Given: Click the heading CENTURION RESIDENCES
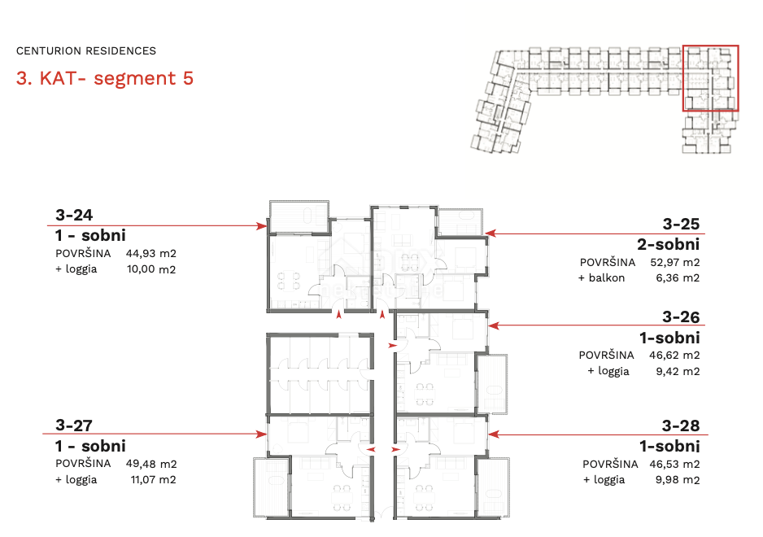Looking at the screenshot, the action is (86, 50).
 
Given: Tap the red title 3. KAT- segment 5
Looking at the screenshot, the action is (105, 78).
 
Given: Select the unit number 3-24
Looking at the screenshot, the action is (74, 215).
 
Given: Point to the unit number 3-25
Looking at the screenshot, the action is (681, 224).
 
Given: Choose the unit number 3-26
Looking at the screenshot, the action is (681, 317).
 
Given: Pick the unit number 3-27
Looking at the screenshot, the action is (74, 426).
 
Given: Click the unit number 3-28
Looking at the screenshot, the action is (681, 426).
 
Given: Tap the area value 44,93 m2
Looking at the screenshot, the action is (150, 253).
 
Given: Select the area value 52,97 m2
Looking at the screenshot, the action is (675, 263).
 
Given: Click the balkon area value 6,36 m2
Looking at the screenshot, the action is (678, 278).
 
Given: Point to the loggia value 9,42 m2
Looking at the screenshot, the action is (678, 372).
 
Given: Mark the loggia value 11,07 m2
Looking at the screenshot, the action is (153, 479).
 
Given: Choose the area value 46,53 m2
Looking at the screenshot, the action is (674, 464).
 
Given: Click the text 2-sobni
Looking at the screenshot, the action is (668, 244).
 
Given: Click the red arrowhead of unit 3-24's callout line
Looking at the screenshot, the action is (262, 226).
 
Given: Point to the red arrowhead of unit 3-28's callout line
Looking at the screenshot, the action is (494, 434).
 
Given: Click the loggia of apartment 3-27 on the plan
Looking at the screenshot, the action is (272, 487).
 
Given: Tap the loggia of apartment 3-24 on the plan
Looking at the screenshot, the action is (299, 216).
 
